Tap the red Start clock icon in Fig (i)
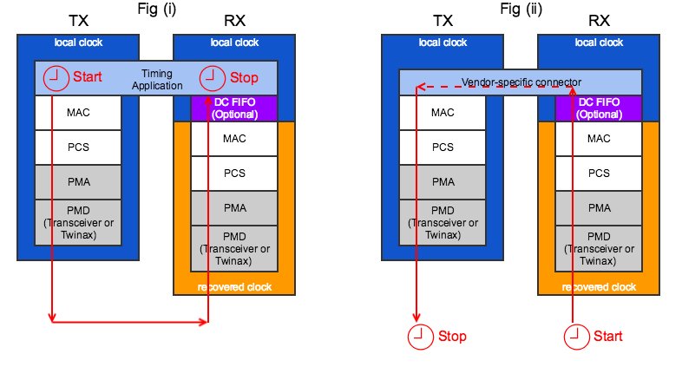54,77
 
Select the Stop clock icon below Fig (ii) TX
418,336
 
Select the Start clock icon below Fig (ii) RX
574,336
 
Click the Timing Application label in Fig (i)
158,80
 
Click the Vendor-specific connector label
521,82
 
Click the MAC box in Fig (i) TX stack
77,112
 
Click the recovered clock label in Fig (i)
233,287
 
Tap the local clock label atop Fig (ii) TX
442,42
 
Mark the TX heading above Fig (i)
78,17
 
